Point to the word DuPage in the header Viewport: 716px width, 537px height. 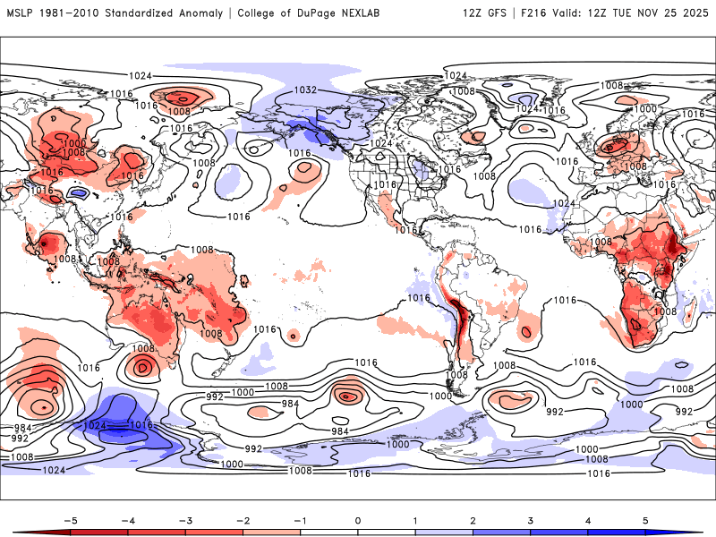[x=318, y=13]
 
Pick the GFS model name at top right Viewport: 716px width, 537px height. [x=496, y=13]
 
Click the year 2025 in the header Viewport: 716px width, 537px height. [x=695, y=13]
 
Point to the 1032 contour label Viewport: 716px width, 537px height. [x=306, y=90]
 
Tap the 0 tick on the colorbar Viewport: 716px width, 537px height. [x=358, y=519]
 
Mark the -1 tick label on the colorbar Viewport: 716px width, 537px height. [x=300, y=519]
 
